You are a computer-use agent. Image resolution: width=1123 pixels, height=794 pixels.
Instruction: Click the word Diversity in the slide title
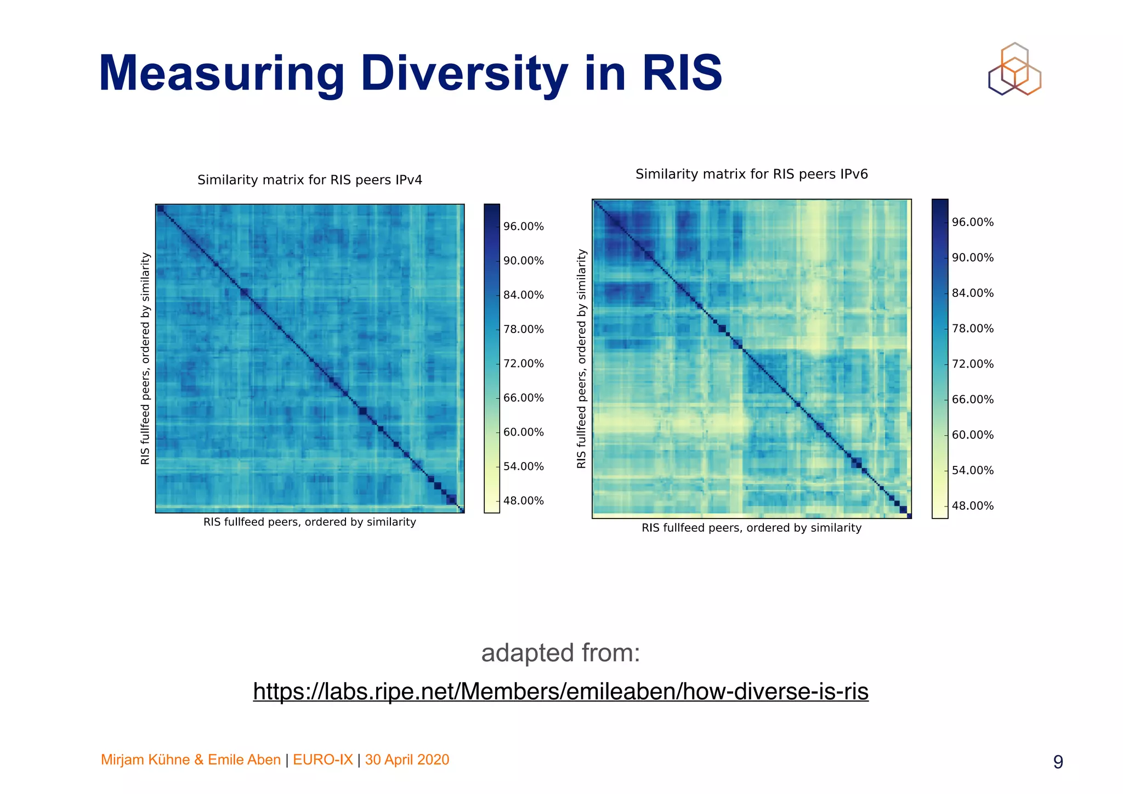464,74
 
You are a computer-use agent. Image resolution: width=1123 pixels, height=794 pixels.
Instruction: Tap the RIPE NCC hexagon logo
1014,70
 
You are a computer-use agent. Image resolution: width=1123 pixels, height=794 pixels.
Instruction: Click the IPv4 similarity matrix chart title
310,180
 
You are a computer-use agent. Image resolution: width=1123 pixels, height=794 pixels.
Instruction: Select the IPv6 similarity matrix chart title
751,174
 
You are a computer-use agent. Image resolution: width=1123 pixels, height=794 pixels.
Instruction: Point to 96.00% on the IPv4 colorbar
523,227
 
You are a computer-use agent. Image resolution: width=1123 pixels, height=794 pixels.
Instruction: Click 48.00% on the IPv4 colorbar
523,500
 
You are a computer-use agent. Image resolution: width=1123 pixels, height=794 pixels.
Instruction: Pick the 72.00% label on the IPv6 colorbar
972,364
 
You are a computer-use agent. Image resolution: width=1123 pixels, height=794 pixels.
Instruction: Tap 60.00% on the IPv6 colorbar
972,435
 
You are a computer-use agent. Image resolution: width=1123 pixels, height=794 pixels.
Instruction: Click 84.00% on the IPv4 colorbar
523,295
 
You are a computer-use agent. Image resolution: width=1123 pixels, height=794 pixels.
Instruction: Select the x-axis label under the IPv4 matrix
310,522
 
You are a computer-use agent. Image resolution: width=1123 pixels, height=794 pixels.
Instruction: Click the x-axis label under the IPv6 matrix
751,528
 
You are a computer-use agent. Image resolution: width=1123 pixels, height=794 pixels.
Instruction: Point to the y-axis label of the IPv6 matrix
582,359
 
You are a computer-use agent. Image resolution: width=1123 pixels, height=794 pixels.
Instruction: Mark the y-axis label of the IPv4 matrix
145,359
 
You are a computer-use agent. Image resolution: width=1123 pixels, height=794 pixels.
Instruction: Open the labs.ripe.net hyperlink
560,691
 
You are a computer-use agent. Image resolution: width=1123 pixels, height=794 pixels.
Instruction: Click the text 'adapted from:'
560,653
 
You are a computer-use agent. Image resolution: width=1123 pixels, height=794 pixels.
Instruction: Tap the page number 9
1058,762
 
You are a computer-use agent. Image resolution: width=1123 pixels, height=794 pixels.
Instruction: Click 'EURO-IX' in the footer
323,760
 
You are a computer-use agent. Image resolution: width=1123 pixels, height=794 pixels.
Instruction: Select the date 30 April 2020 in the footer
407,760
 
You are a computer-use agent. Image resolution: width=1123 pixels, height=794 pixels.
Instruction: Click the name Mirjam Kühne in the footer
145,760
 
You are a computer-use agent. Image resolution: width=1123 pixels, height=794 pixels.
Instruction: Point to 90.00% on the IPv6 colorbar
972,258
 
